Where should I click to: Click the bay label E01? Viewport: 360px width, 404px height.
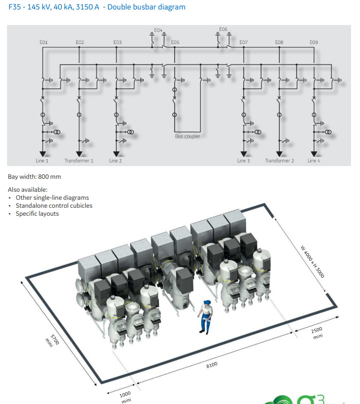(x=43, y=42)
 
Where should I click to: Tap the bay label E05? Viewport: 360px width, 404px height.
(x=175, y=42)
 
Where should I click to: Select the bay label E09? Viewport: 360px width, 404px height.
(x=314, y=42)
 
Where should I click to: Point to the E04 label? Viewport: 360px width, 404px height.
(x=158, y=30)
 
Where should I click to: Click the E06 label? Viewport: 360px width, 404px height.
(x=223, y=29)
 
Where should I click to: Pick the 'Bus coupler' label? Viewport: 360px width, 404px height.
(x=187, y=136)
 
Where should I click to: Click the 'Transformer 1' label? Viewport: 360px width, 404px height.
(x=79, y=161)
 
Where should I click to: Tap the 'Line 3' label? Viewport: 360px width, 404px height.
(x=244, y=161)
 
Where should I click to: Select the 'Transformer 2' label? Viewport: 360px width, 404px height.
(x=279, y=161)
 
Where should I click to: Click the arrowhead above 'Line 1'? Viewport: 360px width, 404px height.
(x=42, y=154)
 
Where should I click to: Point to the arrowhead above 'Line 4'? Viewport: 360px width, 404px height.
(x=314, y=154)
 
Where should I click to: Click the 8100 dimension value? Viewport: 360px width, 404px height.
(x=212, y=366)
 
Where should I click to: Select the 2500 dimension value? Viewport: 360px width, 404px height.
(x=317, y=330)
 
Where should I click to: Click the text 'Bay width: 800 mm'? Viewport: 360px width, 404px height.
(x=34, y=177)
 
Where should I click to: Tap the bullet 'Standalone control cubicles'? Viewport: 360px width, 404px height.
(x=54, y=205)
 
